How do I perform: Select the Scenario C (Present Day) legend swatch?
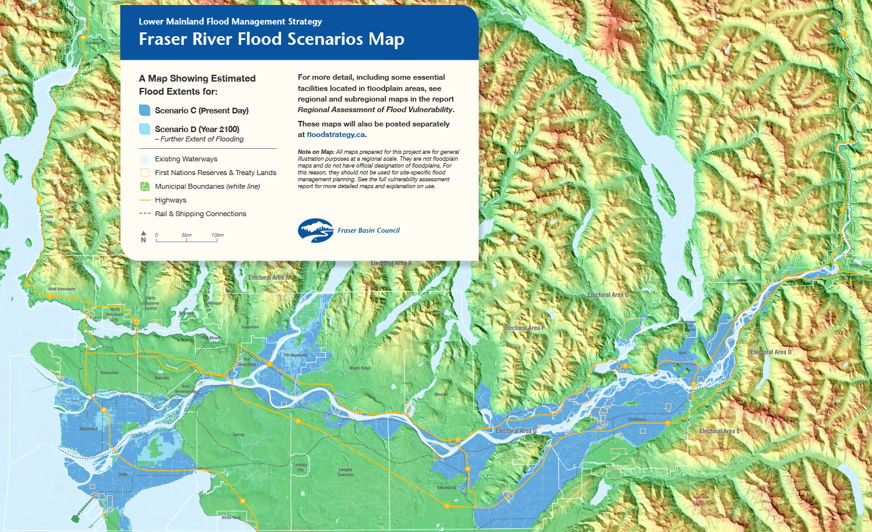[144, 110]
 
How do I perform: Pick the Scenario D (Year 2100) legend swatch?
[144, 129]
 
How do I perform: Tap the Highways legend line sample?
[144, 200]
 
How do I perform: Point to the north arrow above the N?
[143, 233]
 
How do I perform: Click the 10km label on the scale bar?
[217, 235]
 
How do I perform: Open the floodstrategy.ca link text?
[335, 134]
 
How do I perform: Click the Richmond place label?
[90, 429]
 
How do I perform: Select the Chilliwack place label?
[637, 420]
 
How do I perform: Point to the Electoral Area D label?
[771, 352]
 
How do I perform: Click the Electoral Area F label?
[524, 328]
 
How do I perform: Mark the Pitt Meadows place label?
[295, 355]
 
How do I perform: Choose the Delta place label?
[106, 474]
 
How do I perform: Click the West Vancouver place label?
[61, 289]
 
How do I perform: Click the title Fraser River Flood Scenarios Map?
[271, 39]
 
